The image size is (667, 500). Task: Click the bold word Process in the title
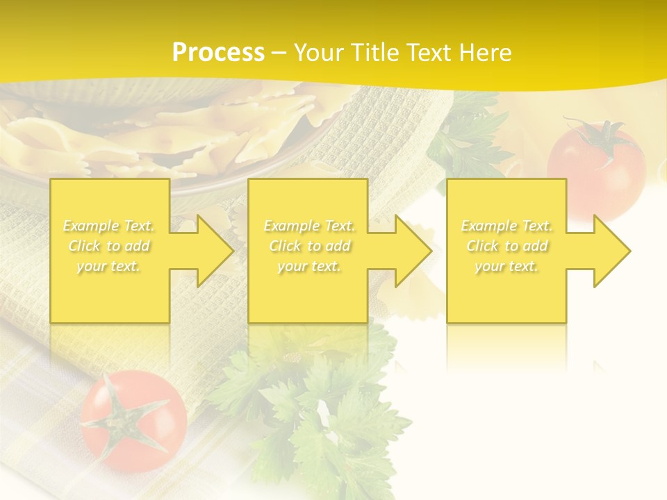coord(218,52)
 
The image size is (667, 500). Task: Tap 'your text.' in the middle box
coord(309,266)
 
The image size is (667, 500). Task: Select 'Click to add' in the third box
coord(507,246)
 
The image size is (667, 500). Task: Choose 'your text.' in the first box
coord(108,266)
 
